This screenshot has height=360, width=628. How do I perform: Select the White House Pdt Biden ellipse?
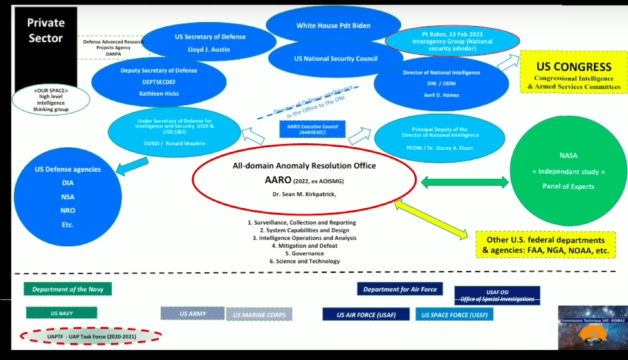[x=333, y=26]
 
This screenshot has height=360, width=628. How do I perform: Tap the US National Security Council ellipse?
[x=336, y=59]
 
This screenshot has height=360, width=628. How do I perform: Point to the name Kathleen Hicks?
[x=158, y=93]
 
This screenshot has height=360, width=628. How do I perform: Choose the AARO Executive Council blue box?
[x=312, y=129]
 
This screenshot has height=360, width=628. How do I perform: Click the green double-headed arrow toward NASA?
[x=464, y=183]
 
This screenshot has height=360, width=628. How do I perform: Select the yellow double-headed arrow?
[x=432, y=219]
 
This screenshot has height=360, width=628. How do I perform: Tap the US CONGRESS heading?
[x=573, y=67]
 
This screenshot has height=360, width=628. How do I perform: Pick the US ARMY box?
[x=193, y=313]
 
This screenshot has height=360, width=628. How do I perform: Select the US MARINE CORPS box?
[x=259, y=315]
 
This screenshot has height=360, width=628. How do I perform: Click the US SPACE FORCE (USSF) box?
[x=454, y=314]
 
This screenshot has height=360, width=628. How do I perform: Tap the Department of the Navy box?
[x=68, y=289]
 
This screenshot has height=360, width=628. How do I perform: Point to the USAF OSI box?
[x=497, y=295]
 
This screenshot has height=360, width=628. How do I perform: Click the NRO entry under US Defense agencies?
[x=68, y=210]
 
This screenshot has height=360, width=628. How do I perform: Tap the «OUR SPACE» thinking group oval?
[x=51, y=100]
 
